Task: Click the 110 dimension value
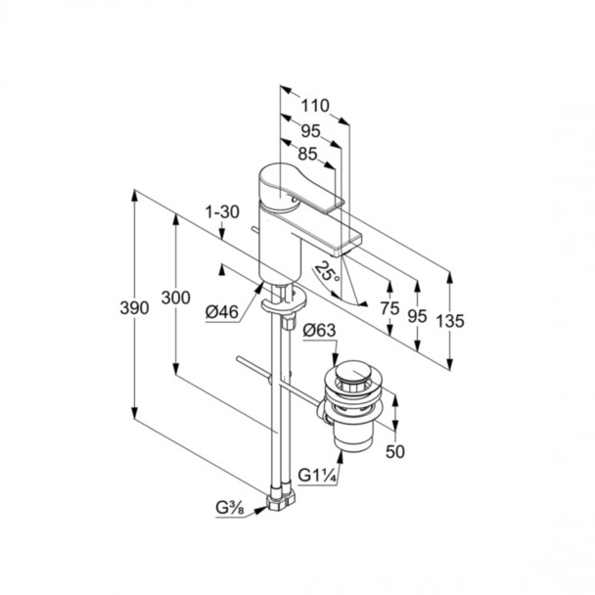pyautogui.click(x=314, y=106)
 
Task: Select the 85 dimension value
pyautogui.click(x=307, y=153)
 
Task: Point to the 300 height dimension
pyautogui.click(x=175, y=299)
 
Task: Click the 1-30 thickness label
pyautogui.click(x=221, y=210)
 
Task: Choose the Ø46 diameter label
pyautogui.click(x=223, y=312)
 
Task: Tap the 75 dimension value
pyautogui.click(x=389, y=306)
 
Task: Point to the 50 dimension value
pyautogui.click(x=396, y=452)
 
